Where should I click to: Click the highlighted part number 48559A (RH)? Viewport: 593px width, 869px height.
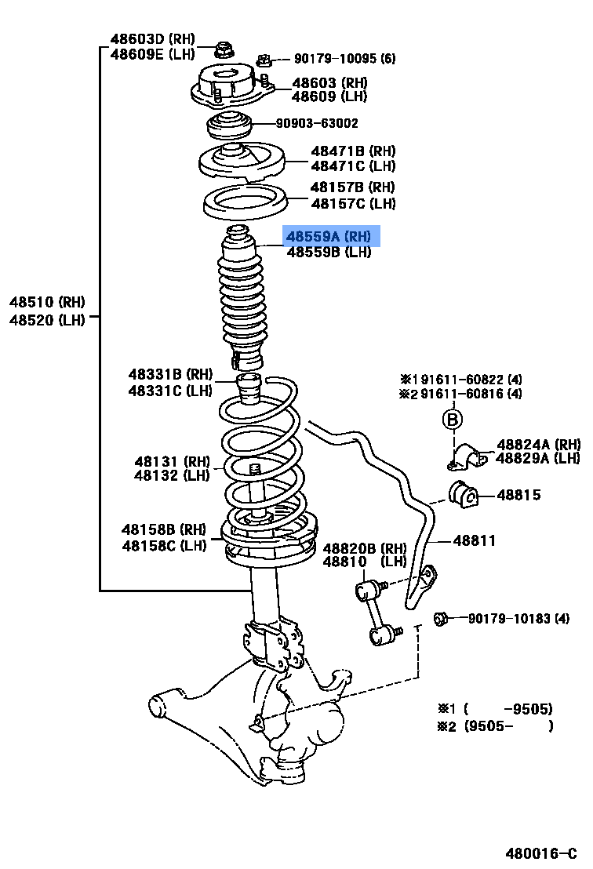click(x=331, y=236)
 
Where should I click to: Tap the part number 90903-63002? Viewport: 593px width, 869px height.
click(x=317, y=123)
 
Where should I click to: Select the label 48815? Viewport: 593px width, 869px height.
click(x=518, y=496)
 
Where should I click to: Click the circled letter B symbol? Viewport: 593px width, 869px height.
click(x=452, y=420)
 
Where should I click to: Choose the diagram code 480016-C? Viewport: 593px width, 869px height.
click(x=540, y=853)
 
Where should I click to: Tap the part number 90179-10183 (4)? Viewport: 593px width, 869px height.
click(x=518, y=619)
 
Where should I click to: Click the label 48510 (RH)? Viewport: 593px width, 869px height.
click(x=47, y=302)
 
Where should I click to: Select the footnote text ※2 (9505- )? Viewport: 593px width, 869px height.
click(x=495, y=726)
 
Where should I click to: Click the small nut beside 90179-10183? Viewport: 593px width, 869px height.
click(x=441, y=620)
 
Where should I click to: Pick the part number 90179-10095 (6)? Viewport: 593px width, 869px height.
click(x=345, y=59)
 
